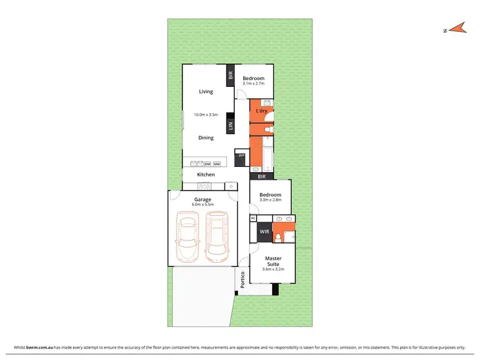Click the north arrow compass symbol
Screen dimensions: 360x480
456,28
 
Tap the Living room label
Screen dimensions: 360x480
205,91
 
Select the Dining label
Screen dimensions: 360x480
205,137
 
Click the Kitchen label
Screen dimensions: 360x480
205,175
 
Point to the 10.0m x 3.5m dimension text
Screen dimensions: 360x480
205,114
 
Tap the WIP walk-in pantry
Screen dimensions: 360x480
241,156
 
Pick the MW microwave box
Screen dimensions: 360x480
217,164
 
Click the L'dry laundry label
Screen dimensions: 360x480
261,111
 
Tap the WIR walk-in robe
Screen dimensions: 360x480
264,231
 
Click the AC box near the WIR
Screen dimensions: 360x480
253,218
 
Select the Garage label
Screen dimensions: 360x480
203,199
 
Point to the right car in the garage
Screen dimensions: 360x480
217,239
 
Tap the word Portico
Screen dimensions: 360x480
243,279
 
